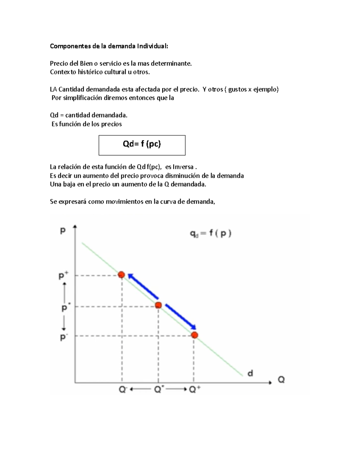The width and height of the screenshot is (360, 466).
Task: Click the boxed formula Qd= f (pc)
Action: pyautogui.click(x=142, y=144)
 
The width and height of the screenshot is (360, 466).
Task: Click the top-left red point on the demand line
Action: pyautogui.click(x=121, y=275)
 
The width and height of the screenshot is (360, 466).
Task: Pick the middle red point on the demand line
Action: pyautogui.click(x=158, y=305)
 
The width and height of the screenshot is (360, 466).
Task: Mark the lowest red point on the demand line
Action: pyautogui.click(x=195, y=335)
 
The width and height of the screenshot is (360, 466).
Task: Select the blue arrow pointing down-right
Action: pyautogui.click(x=181, y=317)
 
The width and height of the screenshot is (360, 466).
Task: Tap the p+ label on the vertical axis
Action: pyautogui.click(x=63, y=275)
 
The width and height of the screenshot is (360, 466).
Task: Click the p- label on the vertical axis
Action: pyautogui.click(x=64, y=337)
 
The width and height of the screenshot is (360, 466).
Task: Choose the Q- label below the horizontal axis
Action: pyautogui.click(x=123, y=389)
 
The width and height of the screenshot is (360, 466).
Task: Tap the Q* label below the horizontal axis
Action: pyautogui.click(x=159, y=389)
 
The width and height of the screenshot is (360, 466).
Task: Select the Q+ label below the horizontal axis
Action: pyautogui.click(x=195, y=389)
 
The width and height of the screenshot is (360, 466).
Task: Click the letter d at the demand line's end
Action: pyautogui.click(x=250, y=373)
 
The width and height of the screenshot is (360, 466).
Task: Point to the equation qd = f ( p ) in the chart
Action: pyautogui.click(x=211, y=233)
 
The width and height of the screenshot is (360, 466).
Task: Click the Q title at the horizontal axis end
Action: pyautogui.click(x=281, y=380)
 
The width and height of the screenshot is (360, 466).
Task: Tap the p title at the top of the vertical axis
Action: pyautogui.click(x=63, y=230)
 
